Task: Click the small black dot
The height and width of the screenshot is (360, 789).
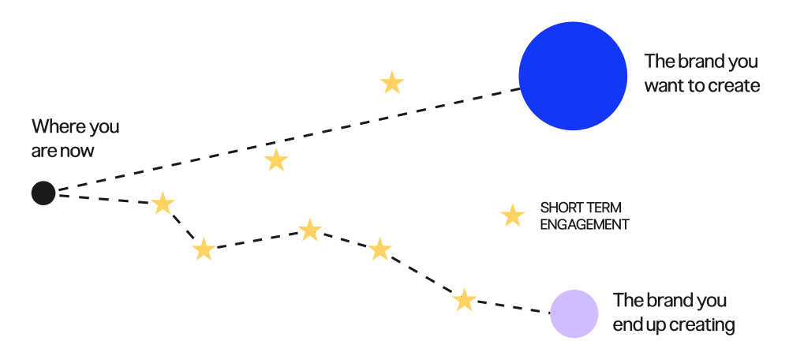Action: (x=43, y=193)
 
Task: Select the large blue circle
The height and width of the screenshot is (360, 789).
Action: (x=573, y=76)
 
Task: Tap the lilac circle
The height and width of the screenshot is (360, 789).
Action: (x=574, y=313)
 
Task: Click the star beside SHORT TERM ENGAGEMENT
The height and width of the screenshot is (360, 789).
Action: (x=513, y=216)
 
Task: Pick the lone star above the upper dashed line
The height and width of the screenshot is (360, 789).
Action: (x=392, y=82)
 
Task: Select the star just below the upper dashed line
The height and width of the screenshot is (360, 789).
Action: (x=275, y=160)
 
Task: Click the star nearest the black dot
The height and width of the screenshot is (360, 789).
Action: (x=163, y=203)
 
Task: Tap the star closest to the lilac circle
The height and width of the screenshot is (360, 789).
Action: (x=465, y=300)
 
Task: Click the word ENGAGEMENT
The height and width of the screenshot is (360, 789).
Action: (x=584, y=224)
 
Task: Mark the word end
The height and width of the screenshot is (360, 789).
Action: (x=628, y=324)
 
